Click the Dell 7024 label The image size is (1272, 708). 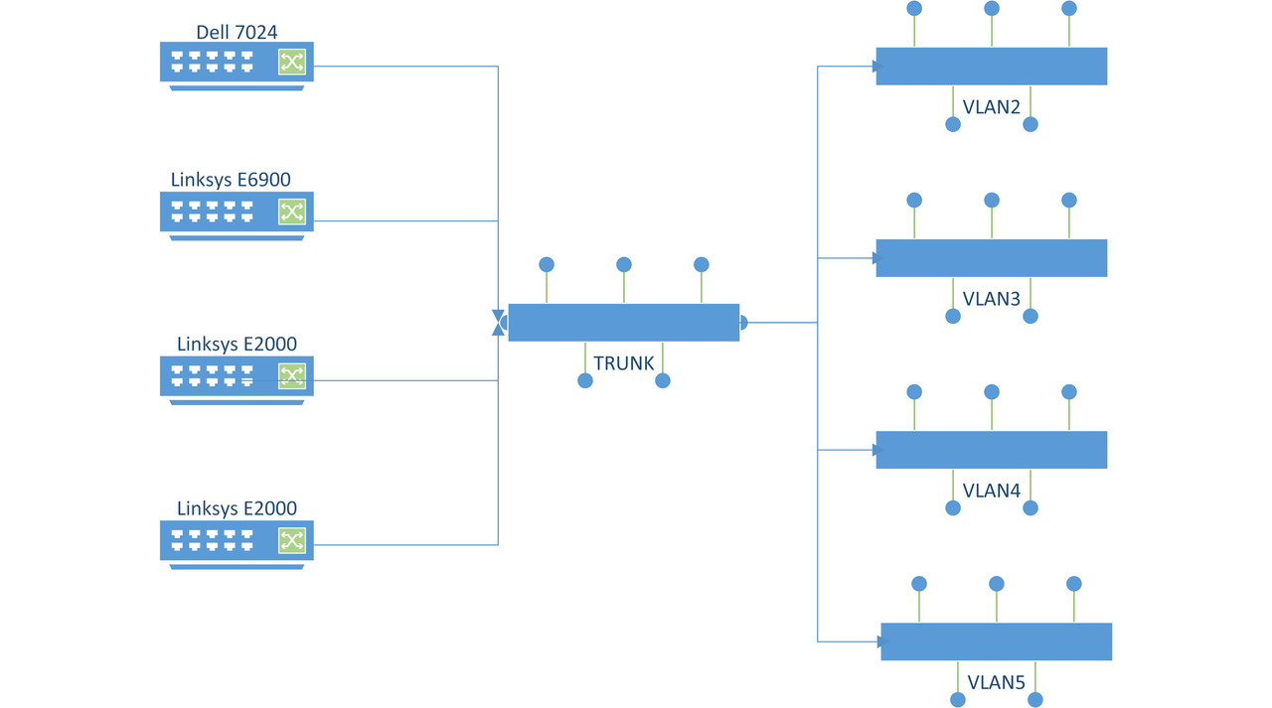click(x=237, y=33)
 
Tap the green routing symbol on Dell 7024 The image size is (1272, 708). click(x=292, y=63)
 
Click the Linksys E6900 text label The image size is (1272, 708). click(x=231, y=180)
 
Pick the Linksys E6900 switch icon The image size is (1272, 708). click(x=237, y=212)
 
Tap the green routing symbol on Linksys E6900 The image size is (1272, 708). click(x=292, y=212)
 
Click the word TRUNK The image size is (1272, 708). click(x=624, y=363)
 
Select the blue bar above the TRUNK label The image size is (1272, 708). click(x=623, y=323)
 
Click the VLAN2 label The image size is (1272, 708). click(x=992, y=106)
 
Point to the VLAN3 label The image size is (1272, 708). click(x=992, y=298)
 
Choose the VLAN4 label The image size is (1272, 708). click(x=992, y=490)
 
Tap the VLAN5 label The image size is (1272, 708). click(x=997, y=682)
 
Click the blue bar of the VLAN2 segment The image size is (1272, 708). click(x=991, y=67)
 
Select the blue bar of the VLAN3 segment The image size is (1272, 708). click(x=991, y=258)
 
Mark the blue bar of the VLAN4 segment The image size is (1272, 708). click(x=991, y=450)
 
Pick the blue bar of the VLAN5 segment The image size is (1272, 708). click(x=996, y=641)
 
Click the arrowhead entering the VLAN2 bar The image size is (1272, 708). click(x=877, y=67)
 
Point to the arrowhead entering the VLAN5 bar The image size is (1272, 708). click(x=882, y=642)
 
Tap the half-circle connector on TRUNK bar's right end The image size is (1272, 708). click(x=743, y=323)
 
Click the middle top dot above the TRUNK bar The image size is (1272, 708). click(x=624, y=265)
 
